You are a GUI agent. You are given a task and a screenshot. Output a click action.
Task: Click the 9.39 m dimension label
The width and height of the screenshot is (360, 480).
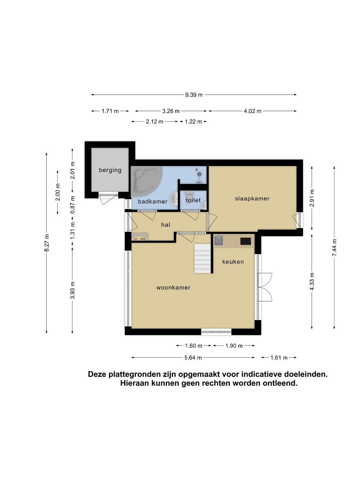(x=194, y=95)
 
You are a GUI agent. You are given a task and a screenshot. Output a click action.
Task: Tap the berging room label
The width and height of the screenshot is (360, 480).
(x=110, y=170)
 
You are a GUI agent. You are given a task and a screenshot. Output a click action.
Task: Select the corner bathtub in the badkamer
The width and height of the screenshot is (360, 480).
(x=146, y=180)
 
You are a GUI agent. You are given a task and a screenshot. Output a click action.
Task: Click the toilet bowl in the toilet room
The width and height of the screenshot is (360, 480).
(x=189, y=194)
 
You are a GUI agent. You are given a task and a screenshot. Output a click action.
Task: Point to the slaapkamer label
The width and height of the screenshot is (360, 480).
(x=252, y=199)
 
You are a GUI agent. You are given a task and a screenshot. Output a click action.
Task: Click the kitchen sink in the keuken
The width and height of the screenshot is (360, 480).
(x=219, y=240)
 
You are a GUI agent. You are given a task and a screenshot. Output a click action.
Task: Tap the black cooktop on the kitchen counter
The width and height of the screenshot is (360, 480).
(x=246, y=241)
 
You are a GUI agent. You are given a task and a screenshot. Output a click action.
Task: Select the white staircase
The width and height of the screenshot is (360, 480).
(x=203, y=259)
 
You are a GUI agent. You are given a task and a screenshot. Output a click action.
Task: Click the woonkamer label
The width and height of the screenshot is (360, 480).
(x=173, y=288)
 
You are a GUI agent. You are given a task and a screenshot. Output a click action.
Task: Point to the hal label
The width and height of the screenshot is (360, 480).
(x=166, y=225)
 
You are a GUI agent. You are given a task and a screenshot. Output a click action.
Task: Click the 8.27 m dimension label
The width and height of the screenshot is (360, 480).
(x=47, y=243)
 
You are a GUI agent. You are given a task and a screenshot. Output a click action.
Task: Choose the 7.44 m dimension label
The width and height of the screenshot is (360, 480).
(x=334, y=248)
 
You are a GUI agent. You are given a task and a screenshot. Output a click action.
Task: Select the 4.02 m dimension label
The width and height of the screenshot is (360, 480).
(x=252, y=111)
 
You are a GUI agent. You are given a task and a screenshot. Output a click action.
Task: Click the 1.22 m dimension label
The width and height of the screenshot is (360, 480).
(x=193, y=122)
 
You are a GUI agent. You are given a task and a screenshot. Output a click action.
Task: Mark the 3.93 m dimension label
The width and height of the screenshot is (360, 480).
(x=72, y=290)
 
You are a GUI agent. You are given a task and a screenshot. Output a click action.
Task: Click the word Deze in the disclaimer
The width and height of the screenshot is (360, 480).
(x=97, y=374)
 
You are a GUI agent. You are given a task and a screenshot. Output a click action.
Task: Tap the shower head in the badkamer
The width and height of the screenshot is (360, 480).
(x=199, y=174)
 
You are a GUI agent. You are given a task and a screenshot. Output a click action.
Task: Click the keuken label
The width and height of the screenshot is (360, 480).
(x=233, y=262)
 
